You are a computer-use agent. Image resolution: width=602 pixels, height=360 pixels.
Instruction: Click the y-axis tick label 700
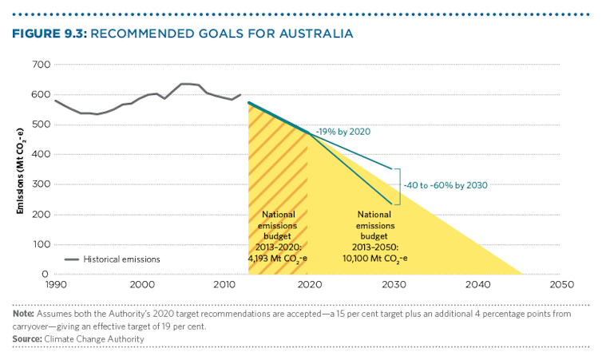[39, 65]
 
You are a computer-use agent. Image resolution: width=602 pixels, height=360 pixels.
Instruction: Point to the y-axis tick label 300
[39, 184]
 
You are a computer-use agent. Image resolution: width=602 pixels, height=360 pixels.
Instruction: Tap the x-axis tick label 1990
[54, 284]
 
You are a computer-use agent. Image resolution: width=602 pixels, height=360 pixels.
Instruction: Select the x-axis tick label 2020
[308, 284]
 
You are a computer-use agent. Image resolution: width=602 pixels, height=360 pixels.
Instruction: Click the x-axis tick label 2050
[561, 284]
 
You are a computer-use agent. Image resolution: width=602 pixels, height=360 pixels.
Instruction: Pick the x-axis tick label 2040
[477, 284]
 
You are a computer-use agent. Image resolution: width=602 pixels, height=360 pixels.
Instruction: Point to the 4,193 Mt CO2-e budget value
[279, 258]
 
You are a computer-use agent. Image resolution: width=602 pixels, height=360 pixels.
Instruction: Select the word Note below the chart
[23, 314]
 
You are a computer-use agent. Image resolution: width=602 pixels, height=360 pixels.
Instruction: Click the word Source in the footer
[27, 339]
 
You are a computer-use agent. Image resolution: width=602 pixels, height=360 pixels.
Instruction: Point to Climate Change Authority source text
[93, 339]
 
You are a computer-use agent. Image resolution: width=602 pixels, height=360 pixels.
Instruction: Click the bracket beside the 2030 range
[397, 185]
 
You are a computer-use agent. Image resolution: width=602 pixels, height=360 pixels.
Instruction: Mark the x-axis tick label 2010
[224, 284]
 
